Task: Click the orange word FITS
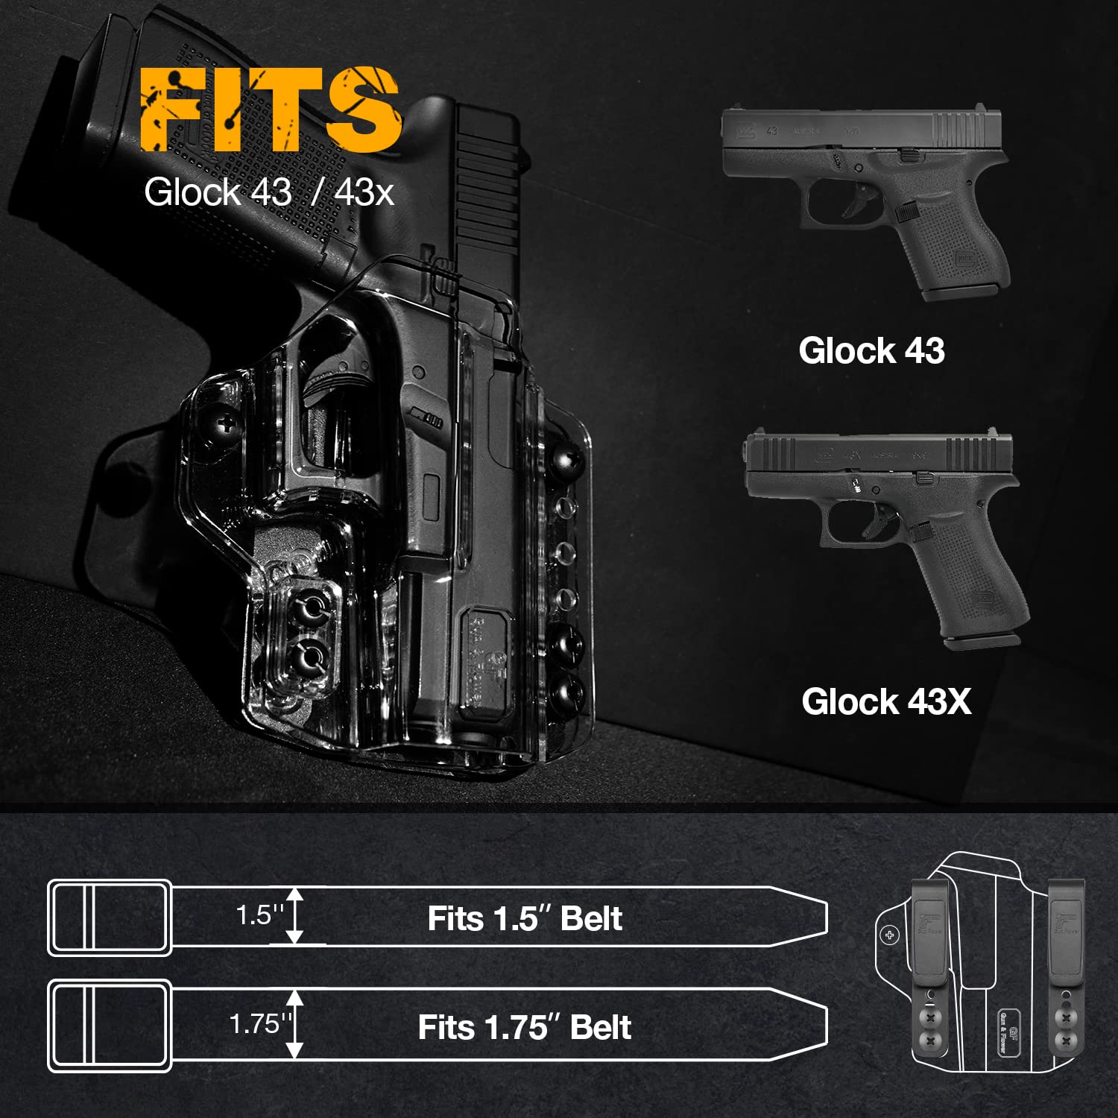coord(271,110)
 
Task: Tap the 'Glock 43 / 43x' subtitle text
coord(268,192)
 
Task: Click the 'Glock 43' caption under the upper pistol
coord(871,350)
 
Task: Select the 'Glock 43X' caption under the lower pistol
coord(886,701)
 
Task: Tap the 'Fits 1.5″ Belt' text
coord(524,918)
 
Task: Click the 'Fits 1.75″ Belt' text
coord(524,1027)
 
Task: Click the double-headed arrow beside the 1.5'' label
coord(296,916)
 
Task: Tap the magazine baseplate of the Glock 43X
coord(982,640)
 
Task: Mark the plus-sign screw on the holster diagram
coord(890,935)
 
